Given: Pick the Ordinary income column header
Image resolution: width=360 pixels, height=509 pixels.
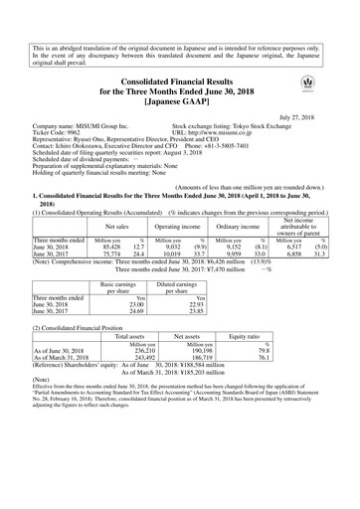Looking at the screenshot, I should [235, 228].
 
